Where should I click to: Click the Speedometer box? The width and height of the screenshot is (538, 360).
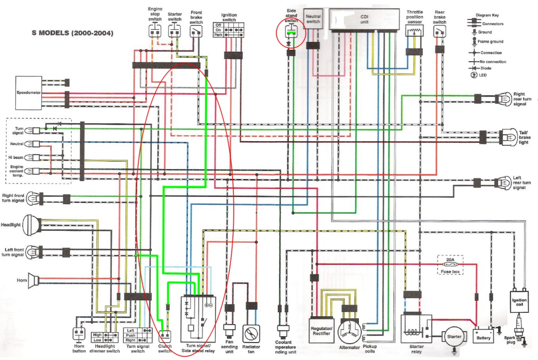28,93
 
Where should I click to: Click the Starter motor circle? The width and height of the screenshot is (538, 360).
453,337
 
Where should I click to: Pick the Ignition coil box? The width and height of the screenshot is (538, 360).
519,300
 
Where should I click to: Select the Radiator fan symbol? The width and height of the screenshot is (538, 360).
251,333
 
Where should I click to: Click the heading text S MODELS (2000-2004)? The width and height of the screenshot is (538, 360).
72,33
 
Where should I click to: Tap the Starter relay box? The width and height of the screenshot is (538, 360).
414,329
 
